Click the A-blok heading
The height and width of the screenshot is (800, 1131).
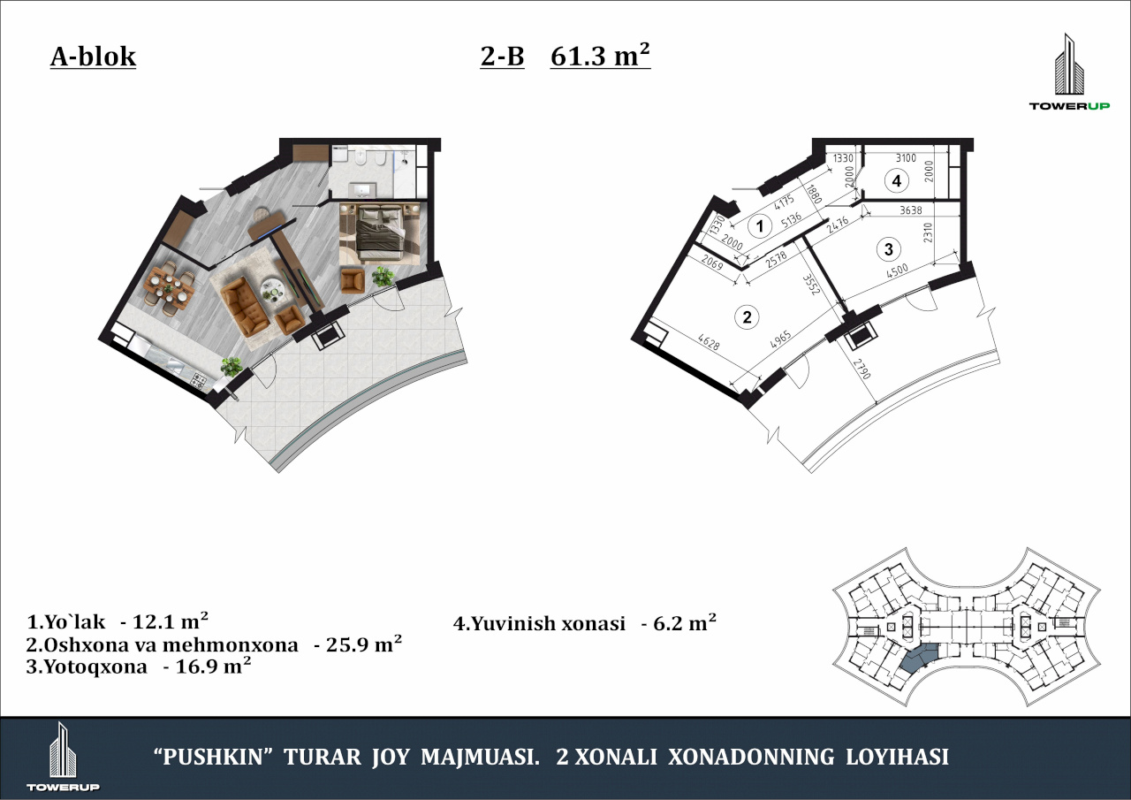coord(93,57)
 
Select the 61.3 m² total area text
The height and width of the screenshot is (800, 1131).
coord(600,55)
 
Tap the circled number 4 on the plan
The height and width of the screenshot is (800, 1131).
coord(897,181)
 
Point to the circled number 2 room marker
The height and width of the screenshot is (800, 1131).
coord(747,317)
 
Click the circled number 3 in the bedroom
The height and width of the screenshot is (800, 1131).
coord(889,249)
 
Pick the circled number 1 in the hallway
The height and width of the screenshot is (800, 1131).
coord(760,226)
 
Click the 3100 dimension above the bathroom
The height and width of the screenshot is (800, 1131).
coord(906,158)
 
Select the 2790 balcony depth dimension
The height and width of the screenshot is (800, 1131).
coord(862,369)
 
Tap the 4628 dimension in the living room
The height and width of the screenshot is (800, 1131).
coord(709,341)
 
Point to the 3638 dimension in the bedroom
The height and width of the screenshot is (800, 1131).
coord(911,210)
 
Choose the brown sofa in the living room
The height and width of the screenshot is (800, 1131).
coord(245,307)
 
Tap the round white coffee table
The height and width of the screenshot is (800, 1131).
coord(273,290)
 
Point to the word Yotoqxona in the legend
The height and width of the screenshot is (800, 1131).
coord(96,667)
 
